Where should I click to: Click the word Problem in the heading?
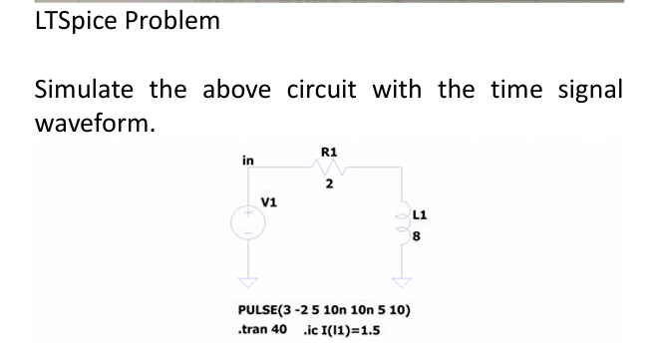(171, 22)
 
